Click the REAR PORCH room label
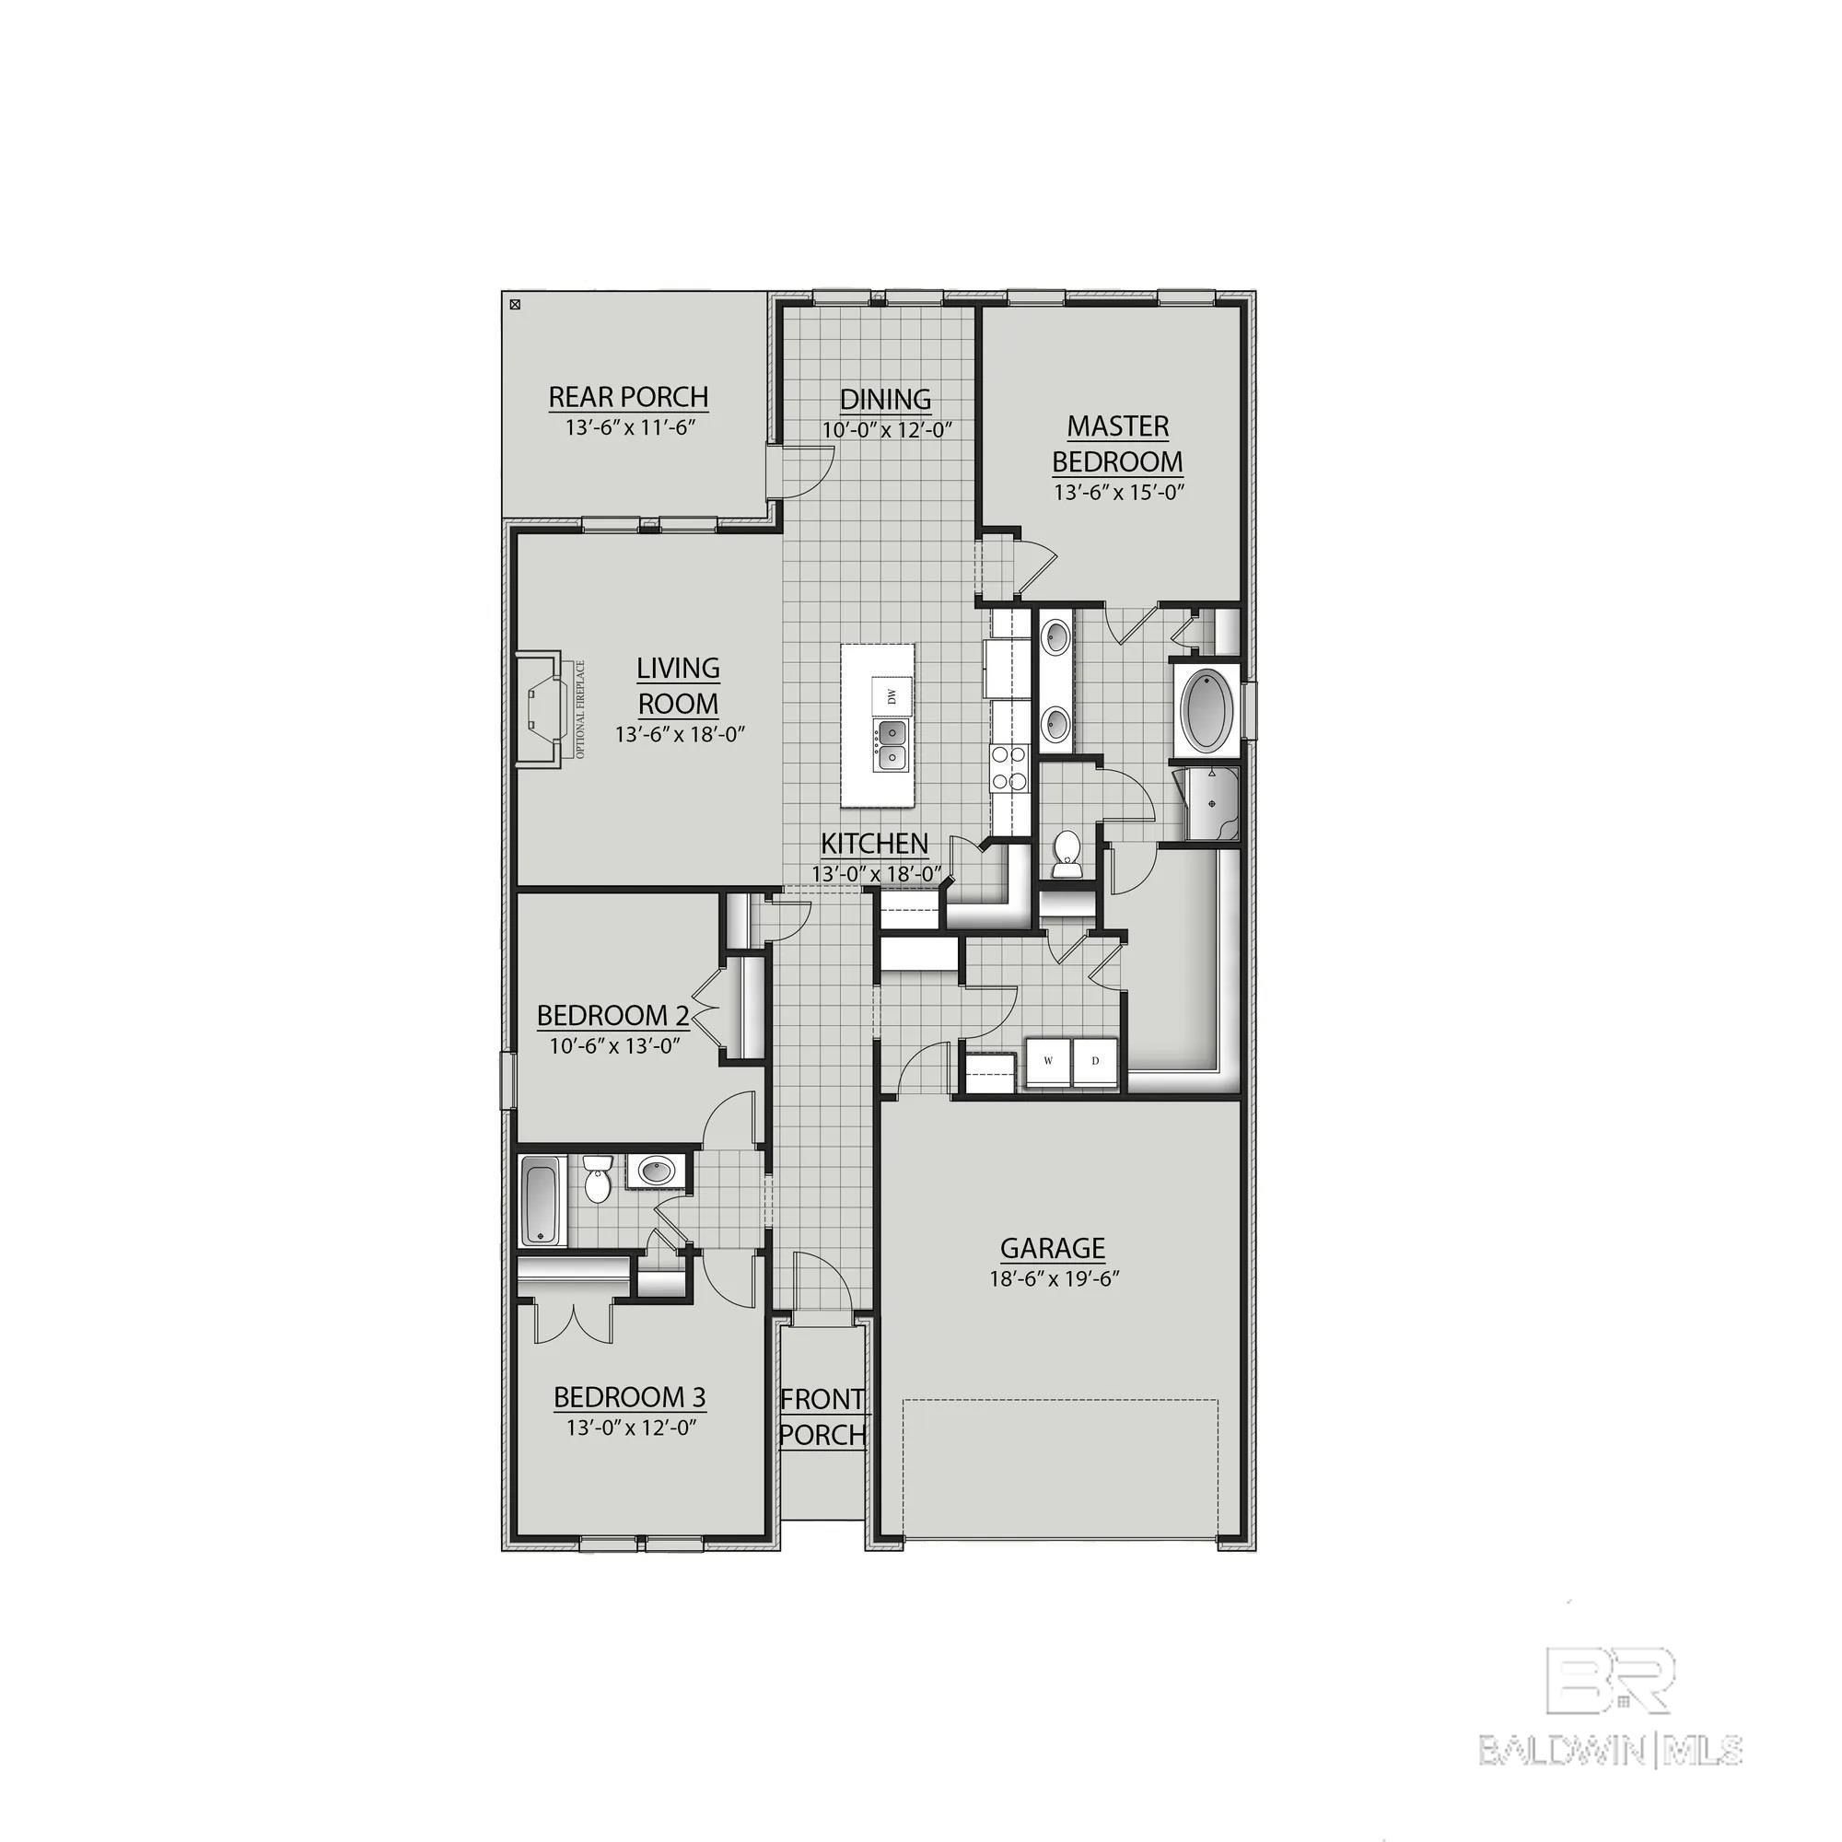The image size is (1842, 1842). (628, 397)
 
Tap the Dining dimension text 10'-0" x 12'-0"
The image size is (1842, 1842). (887, 430)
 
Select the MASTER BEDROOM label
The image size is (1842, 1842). (1117, 443)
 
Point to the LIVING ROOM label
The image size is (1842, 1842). (678, 686)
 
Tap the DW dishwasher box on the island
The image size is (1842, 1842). (892, 697)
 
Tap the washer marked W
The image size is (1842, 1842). (1049, 1061)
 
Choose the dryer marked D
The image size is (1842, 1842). (1095, 1061)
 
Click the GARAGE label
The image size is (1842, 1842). (1053, 1248)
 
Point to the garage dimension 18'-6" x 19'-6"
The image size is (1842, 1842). (1054, 1278)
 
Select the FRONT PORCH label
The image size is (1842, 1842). (822, 1416)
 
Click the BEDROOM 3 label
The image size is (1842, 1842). (629, 1398)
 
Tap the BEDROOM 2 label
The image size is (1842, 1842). (613, 1015)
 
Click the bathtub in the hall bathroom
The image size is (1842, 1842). (543, 1200)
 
